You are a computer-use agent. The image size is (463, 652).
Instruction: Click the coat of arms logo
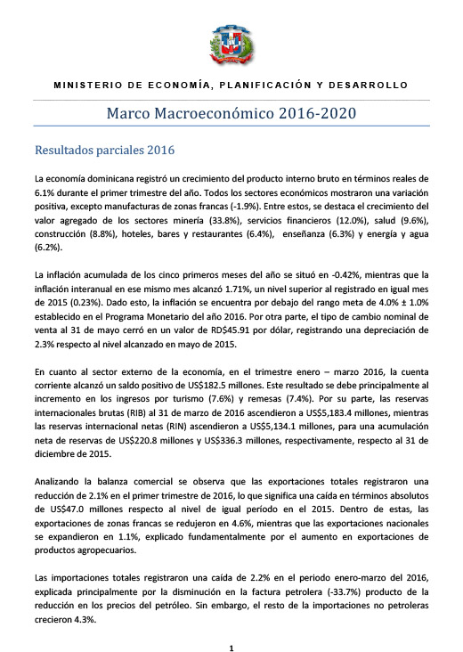pyautogui.click(x=231, y=45)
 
